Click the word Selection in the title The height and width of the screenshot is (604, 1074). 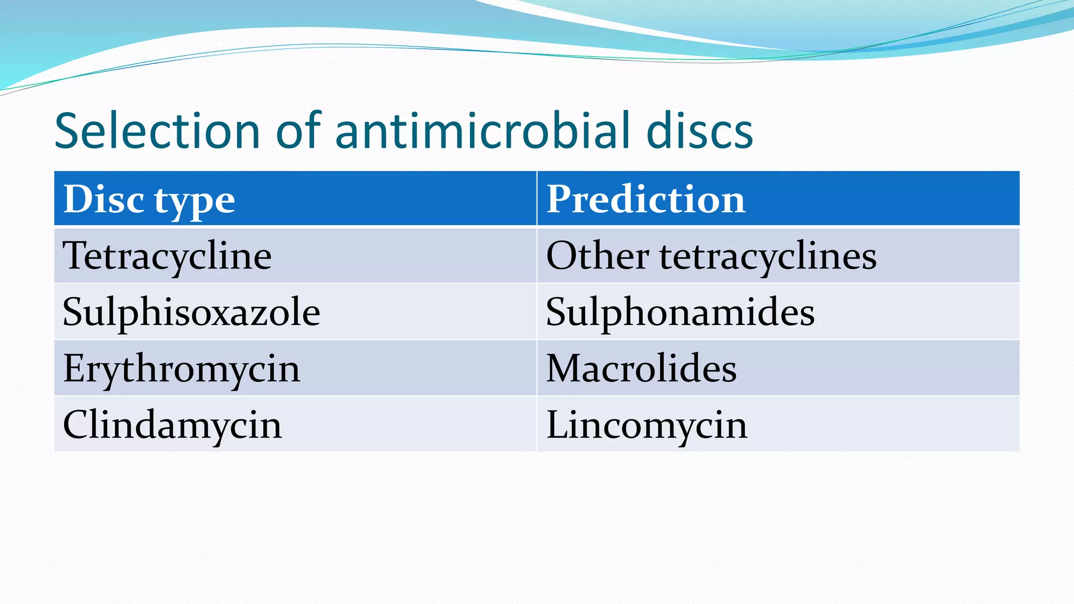click(x=157, y=131)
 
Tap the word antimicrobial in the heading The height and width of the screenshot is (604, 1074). click(x=482, y=131)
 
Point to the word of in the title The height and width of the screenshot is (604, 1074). click(x=298, y=131)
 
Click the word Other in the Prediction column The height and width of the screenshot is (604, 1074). click(x=597, y=256)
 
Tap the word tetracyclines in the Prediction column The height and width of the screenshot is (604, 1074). click(x=768, y=256)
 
